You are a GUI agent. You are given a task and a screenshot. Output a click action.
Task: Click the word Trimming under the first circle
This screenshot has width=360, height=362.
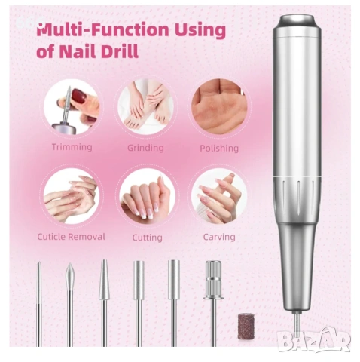72,147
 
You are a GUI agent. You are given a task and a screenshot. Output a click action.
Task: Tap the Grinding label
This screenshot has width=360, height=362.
145,148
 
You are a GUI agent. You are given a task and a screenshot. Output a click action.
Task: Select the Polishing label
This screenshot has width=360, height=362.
219,148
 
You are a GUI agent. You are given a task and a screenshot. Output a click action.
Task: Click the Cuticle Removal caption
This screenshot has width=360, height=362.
72,237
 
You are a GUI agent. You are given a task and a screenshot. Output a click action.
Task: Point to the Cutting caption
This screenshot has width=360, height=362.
148,238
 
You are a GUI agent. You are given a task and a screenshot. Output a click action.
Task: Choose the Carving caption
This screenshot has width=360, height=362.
219,237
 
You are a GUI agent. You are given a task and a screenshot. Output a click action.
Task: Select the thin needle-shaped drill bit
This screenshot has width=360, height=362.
39,304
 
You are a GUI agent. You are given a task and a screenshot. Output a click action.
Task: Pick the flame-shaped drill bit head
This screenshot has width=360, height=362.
70,278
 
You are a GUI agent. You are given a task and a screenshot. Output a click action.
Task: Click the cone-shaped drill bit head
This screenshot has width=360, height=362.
104,280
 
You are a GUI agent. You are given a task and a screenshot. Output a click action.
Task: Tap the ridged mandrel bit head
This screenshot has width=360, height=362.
213,280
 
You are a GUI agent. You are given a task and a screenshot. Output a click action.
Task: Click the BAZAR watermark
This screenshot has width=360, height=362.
314,339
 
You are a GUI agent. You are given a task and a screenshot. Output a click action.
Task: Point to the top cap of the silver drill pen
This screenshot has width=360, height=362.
297,23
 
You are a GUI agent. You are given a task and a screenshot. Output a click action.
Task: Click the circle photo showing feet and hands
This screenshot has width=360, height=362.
145,107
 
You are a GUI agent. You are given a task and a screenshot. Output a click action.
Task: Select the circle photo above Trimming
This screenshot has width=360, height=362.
72,106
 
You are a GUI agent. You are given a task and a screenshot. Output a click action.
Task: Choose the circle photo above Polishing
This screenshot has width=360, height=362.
219,106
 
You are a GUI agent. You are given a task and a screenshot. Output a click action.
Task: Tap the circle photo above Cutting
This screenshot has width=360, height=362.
147,196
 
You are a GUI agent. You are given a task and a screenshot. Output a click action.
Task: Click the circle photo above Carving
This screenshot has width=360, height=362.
219,196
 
